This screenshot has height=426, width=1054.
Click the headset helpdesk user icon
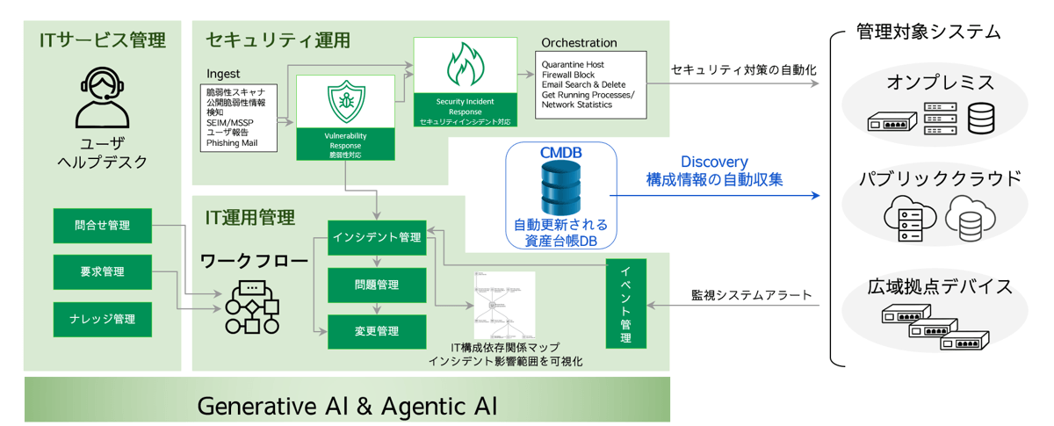click(x=103, y=97)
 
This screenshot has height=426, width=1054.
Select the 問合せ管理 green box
click(x=103, y=226)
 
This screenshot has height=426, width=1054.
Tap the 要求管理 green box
click(x=103, y=271)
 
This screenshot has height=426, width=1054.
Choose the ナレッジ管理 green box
click(x=103, y=318)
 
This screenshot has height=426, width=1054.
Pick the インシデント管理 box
click(x=378, y=238)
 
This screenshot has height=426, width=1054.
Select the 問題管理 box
click(x=378, y=285)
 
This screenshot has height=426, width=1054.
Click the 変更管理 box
click(x=378, y=331)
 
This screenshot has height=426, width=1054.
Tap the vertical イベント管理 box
click(x=625, y=303)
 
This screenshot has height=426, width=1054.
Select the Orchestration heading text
click(x=579, y=42)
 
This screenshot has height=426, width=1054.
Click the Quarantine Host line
click(x=574, y=65)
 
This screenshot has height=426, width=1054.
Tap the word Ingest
click(x=223, y=74)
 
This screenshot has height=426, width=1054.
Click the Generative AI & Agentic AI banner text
click(x=347, y=406)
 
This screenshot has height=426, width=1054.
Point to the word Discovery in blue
click(x=714, y=162)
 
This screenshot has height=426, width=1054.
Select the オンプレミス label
click(x=940, y=83)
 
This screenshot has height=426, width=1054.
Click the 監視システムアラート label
click(x=751, y=295)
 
